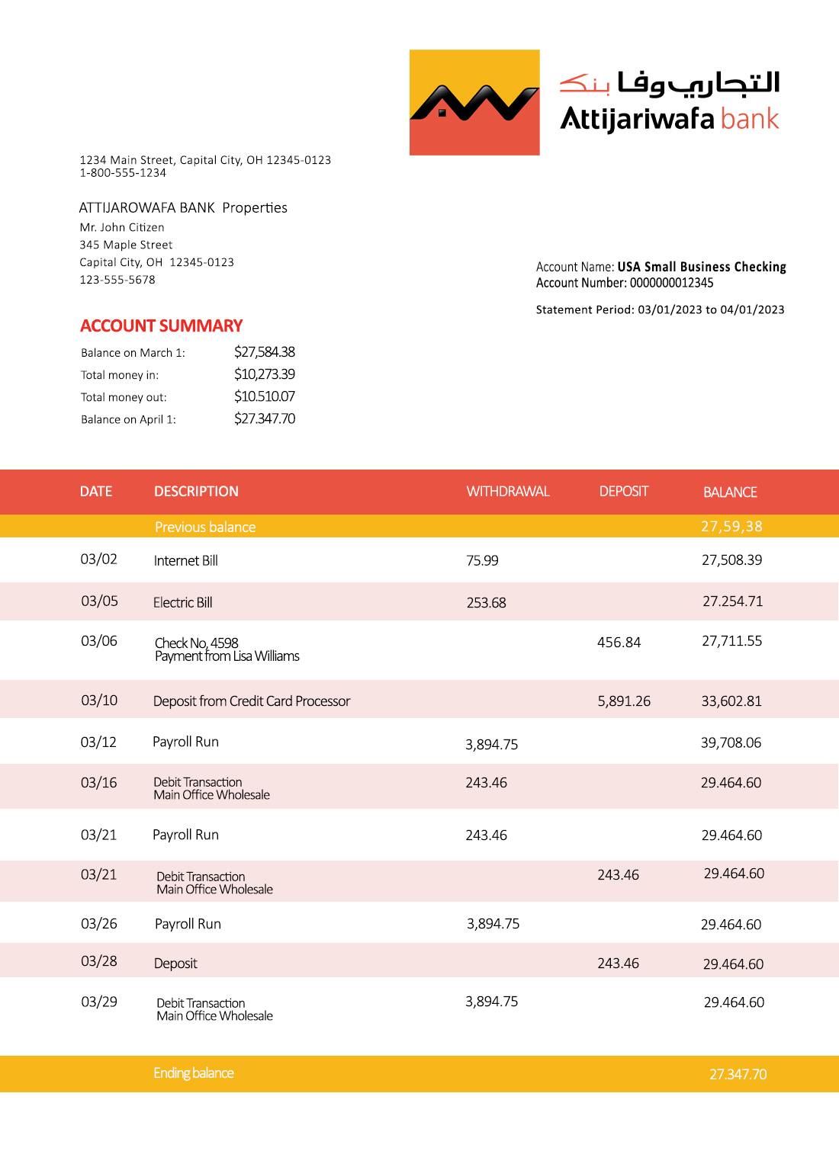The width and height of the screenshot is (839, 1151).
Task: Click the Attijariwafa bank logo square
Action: pyautogui.click(x=474, y=103)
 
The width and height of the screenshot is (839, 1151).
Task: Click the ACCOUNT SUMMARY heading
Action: pyautogui.click(x=162, y=326)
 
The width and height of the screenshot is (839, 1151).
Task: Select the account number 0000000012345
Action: pyautogui.click(x=671, y=283)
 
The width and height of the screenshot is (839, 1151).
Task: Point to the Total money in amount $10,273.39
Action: pyautogui.click(x=265, y=374)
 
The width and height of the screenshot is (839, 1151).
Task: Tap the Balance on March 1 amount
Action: pyautogui.click(x=265, y=352)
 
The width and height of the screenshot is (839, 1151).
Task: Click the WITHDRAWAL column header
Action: pyautogui.click(x=508, y=492)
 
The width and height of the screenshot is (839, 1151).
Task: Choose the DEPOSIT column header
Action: pyautogui.click(x=624, y=492)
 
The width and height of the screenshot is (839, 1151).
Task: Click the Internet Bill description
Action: pyautogui.click(x=186, y=561)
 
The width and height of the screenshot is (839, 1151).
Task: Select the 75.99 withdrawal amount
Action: pyautogui.click(x=482, y=561)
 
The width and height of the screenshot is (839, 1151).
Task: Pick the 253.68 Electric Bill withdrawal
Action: pyautogui.click(x=487, y=603)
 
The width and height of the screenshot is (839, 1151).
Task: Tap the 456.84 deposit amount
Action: pyautogui.click(x=619, y=643)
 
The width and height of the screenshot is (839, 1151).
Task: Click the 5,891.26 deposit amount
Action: pyautogui.click(x=624, y=701)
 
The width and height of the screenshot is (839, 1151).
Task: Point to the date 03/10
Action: pyautogui.click(x=100, y=701)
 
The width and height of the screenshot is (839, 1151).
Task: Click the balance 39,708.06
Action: pyautogui.click(x=731, y=743)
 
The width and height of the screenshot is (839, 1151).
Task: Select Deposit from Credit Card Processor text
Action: pyautogui.click(x=252, y=701)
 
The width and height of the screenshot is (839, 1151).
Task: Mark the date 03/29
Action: pyautogui.click(x=99, y=1002)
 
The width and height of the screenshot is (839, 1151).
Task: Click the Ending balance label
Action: pyautogui.click(x=194, y=1073)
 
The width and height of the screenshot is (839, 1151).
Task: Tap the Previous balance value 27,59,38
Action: pyautogui.click(x=731, y=527)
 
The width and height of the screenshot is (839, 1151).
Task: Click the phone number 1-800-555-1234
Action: pyautogui.click(x=123, y=173)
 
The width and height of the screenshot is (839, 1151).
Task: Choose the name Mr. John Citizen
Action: pyautogui.click(x=122, y=227)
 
